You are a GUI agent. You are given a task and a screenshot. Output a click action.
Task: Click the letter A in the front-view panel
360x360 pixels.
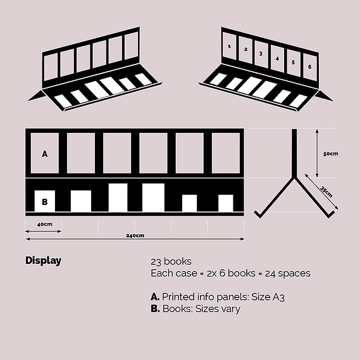[x=45, y=154]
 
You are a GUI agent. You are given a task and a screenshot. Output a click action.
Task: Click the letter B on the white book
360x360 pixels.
[x=45, y=202]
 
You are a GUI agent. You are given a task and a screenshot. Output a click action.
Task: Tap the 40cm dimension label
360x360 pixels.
[x=44, y=224]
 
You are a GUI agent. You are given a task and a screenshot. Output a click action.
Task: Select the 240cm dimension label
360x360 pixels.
[x=135, y=235]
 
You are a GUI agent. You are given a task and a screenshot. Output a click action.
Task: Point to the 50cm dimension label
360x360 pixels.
[x=331, y=154]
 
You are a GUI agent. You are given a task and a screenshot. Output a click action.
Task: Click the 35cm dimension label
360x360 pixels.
[x=326, y=192]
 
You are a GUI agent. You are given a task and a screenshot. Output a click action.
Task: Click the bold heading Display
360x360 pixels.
[x=44, y=261]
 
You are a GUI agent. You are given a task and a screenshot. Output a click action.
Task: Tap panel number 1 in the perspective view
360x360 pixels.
[x=230, y=46]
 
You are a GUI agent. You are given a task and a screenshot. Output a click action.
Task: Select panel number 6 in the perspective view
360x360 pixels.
[x=310, y=66]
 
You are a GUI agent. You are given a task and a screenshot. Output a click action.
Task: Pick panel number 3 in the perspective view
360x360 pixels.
[x=261, y=54]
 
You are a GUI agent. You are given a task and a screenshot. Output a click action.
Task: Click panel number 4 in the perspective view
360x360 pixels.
[x=277, y=59]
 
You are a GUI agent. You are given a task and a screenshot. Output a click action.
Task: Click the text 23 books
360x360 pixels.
[x=171, y=261]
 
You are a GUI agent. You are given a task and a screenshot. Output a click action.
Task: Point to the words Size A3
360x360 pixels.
[x=268, y=297]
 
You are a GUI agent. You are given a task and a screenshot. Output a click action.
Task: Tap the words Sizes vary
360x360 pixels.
[x=218, y=309]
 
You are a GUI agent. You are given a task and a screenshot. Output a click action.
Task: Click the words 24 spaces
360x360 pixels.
[x=288, y=273]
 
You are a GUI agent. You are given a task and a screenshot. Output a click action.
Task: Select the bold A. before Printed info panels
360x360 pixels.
[x=155, y=297]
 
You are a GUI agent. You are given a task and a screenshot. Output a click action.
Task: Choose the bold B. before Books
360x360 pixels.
[x=155, y=309]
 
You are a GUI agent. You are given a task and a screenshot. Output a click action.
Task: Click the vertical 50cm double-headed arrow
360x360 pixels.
[x=317, y=153]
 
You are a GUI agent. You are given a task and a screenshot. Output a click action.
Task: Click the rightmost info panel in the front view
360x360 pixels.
[x=226, y=153]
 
